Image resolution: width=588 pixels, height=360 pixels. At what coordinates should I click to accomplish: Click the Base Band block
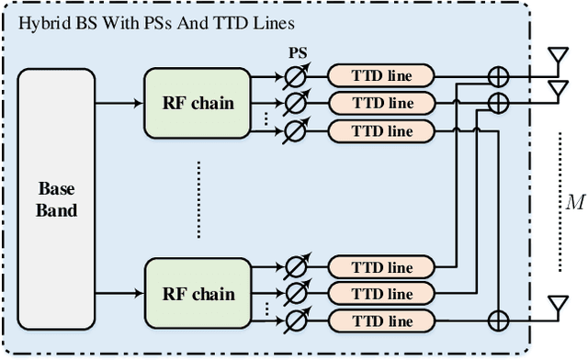(56, 197)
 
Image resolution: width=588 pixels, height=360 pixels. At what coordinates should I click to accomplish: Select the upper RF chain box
(198, 103)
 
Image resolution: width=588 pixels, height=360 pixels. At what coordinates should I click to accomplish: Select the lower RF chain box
(198, 294)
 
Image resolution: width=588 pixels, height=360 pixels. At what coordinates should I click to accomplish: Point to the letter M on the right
(575, 203)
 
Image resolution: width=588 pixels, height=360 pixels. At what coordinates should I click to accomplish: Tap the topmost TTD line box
(381, 74)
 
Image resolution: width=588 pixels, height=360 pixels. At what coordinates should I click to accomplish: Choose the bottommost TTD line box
(381, 321)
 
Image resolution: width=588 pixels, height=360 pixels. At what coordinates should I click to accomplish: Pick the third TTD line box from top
(381, 130)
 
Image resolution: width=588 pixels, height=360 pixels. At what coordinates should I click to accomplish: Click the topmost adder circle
(497, 74)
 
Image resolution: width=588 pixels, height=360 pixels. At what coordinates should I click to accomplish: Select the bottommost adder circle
(497, 321)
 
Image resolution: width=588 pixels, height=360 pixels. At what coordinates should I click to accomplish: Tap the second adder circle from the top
(497, 102)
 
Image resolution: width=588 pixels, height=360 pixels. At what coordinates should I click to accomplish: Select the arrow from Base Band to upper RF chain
(119, 103)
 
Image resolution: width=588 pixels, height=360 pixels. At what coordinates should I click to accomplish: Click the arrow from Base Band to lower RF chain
(119, 294)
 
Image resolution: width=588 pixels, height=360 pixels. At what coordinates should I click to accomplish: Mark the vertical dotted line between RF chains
(198, 197)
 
